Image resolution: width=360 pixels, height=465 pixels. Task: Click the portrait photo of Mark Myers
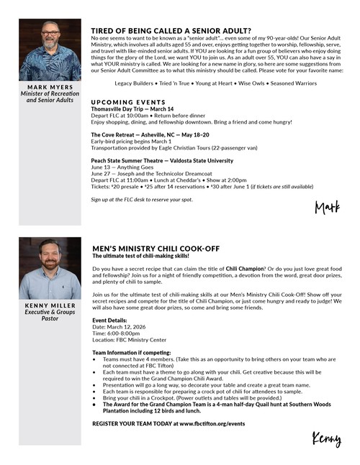[x=50, y=50]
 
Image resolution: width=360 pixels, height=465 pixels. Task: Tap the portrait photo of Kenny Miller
[x=50, y=268]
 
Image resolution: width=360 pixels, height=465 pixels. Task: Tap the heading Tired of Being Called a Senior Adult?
[x=171, y=31]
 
